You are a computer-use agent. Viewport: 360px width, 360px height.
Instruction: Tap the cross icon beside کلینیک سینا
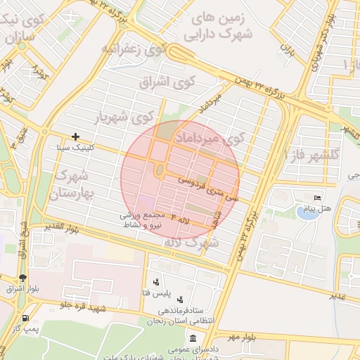(x=76, y=136)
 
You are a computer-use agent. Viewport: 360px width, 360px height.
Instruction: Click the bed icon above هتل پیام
(x=317, y=199)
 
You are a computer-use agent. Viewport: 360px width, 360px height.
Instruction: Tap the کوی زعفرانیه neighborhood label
(x=134, y=49)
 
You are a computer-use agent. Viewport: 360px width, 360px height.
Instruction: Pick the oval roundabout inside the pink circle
(x=160, y=171)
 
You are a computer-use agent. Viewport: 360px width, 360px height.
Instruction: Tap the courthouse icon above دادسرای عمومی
(x=193, y=338)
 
